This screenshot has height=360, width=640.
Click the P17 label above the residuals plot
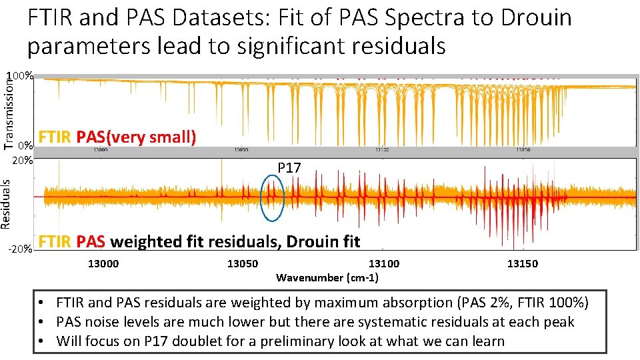pyautogui.click(x=289, y=168)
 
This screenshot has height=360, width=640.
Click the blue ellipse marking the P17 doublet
pyautogui.click(x=272, y=197)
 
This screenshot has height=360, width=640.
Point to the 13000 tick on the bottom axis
pyautogui.click(x=103, y=263)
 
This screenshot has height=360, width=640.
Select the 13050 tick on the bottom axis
pyautogui.click(x=243, y=263)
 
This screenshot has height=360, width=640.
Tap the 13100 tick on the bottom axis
pyautogui.click(x=384, y=263)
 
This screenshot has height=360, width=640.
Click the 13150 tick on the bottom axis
pyautogui.click(x=523, y=263)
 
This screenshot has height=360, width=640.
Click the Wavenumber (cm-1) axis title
pyautogui.click(x=327, y=277)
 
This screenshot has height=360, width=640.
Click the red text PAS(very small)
pyautogui.click(x=136, y=137)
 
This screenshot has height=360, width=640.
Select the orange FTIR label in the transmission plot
pyautogui.click(x=56, y=137)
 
